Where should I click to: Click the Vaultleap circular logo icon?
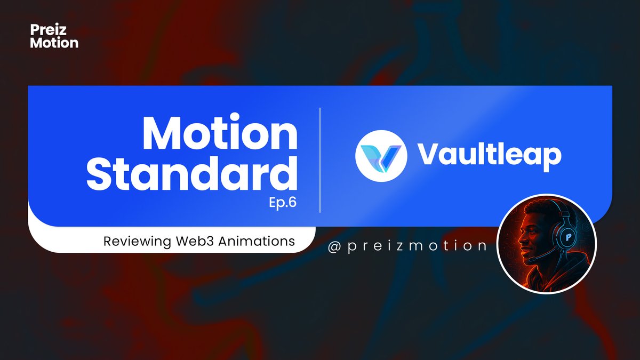[381, 155]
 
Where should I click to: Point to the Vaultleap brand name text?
[489, 155]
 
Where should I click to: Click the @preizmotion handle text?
[409, 245]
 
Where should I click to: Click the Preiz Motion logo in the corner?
[54, 36]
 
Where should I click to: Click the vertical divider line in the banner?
[320, 160]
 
